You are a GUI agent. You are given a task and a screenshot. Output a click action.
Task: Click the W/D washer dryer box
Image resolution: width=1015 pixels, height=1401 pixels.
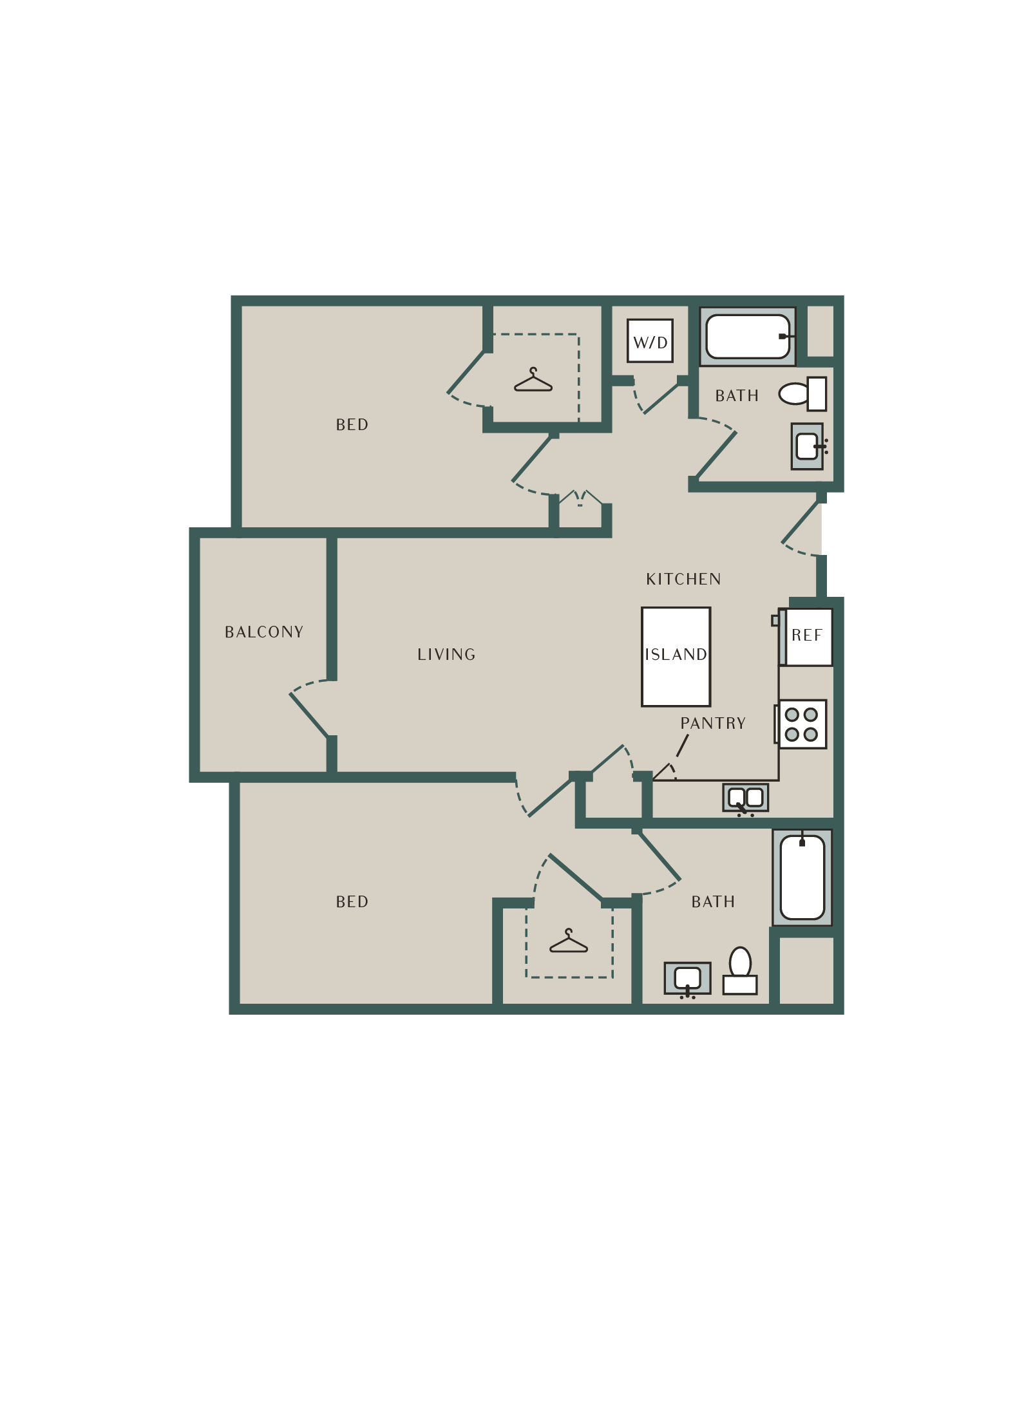point(650,341)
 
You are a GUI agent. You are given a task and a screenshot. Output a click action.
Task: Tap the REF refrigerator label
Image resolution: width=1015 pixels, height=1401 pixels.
point(807,635)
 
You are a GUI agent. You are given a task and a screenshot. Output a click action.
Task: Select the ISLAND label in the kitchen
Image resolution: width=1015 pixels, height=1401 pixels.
point(676,655)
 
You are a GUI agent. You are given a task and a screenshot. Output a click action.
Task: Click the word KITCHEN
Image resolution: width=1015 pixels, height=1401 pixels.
point(683,579)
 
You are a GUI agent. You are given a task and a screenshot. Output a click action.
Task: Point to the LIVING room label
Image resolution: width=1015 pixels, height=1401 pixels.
point(446,655)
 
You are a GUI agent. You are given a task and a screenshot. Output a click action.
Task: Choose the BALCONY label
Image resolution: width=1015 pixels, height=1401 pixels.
point(264,632)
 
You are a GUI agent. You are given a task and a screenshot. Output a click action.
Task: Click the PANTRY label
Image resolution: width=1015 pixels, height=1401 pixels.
point(713,724)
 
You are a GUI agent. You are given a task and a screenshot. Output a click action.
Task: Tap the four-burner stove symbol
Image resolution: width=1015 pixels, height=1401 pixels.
point(802,724)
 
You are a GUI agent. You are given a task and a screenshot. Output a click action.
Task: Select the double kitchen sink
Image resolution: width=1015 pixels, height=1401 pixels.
point(746,798)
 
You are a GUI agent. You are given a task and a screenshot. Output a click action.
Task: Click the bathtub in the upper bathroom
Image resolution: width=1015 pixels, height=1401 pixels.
point(748,336)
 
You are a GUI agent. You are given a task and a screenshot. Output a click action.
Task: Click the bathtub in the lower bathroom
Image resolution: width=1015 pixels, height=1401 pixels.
point(802,878)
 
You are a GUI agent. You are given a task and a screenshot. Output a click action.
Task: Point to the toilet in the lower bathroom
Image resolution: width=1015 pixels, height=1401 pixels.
point(740,971)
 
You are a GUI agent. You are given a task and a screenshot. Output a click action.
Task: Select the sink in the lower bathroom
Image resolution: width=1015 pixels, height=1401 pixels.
point(688,979)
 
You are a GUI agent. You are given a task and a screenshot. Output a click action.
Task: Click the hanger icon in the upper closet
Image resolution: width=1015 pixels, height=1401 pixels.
point(533,381)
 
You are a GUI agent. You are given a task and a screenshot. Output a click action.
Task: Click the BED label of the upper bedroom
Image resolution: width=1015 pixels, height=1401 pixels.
point(352,425)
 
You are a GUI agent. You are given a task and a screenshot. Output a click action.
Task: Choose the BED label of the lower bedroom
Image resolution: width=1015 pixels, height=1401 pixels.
point(352,902)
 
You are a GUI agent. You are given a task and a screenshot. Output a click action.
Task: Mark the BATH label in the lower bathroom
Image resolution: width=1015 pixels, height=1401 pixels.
point(713,902)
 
